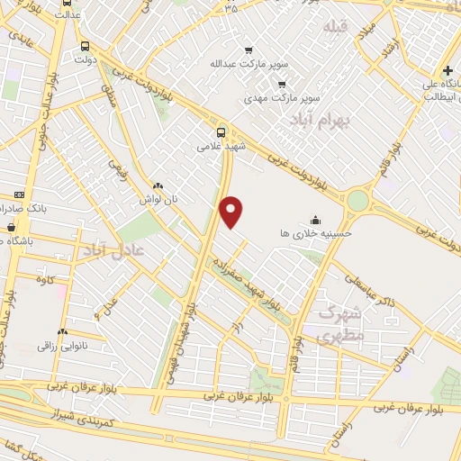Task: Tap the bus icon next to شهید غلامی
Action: point(222,128)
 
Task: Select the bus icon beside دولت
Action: point(85,46)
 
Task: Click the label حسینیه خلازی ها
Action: point(316,232)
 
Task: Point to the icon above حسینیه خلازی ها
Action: point(316,217)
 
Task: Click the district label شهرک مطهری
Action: point(339,327)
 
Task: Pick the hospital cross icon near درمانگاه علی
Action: point(448,70)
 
